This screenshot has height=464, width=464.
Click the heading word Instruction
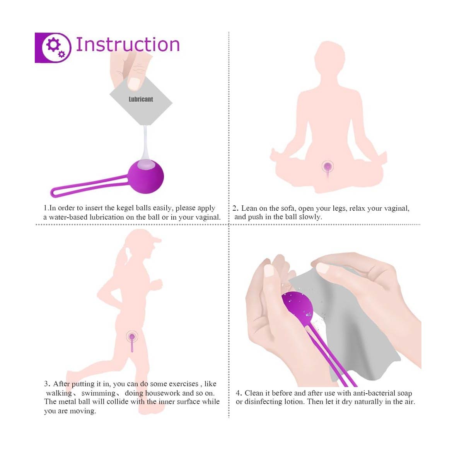tap(128, 44)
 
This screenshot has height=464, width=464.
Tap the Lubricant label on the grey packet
tap(141, 99)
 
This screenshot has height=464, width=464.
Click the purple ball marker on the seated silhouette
tap(328, 167)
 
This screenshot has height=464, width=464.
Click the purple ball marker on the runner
tap(132, 337)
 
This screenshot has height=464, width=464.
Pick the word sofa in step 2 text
tap(287, 208)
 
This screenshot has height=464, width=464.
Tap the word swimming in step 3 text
tap(98, 393)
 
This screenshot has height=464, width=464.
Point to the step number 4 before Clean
tap(239, 393)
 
